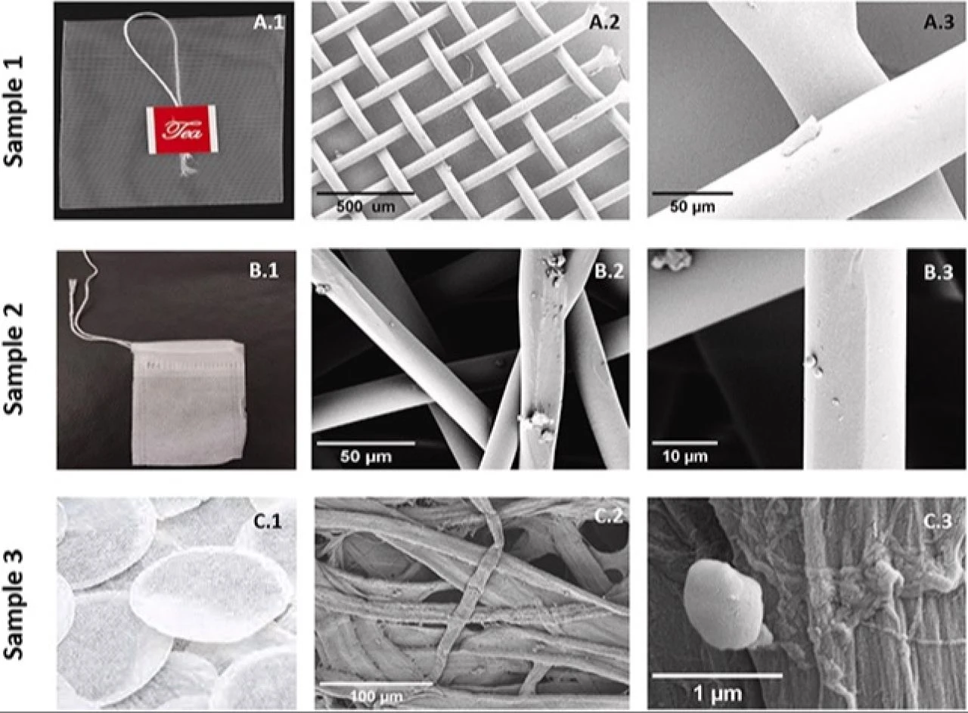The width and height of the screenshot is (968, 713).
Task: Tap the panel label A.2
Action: pyautogui.click(x=604, y=23)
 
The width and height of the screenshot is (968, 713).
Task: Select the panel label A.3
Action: pyautogui.click(x=939, y=23)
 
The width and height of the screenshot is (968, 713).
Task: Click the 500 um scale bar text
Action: pyautogui.click(x=365, y=206)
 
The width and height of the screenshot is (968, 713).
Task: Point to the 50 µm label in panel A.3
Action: pyautogui.click(x=692, y=206)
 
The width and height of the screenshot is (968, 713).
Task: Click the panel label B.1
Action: pyautogui.click(x=264, y=270)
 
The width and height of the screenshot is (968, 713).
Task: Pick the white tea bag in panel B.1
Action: pyautogui.click(x=188, y=402)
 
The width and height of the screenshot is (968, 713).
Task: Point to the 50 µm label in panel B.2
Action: pyautogui.click(x=365, y=457)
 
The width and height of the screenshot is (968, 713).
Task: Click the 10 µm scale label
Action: pyautogui.click(x=685, y=457)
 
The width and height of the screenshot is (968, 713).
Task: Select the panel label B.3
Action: pyautogui.click(x=939, y=272)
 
